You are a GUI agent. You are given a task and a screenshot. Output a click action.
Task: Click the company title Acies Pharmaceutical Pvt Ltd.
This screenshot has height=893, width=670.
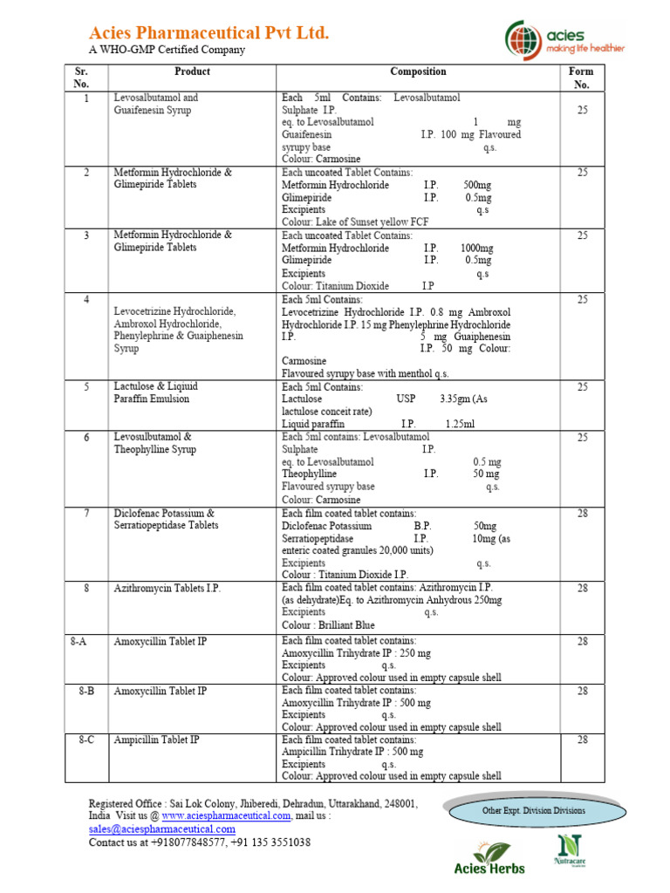(x=209, y=33)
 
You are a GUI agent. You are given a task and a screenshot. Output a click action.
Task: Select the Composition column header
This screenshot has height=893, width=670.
(x=418, y=72)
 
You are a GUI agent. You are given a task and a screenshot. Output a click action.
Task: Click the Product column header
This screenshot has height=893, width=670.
(x=192, y=72)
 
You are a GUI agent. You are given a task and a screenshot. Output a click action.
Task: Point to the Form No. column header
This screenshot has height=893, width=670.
(x=582, y=78)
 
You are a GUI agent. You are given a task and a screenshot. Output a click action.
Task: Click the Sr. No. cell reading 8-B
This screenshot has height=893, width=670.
(x=85, y=691)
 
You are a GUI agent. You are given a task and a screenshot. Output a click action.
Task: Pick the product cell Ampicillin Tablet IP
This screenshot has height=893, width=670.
(x=157, y=740)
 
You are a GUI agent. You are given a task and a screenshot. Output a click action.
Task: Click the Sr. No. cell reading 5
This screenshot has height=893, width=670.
(x=86, y=386)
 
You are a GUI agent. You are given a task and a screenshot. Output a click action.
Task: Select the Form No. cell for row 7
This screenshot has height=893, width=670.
(x=582, y=514)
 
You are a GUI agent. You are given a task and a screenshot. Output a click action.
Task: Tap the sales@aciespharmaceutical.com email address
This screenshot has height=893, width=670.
(x=161, y=829)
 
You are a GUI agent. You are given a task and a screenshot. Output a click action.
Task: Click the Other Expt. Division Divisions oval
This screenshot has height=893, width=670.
(x=534, y=810)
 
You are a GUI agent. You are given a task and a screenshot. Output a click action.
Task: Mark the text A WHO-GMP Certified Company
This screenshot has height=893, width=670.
(x=167, y=50)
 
